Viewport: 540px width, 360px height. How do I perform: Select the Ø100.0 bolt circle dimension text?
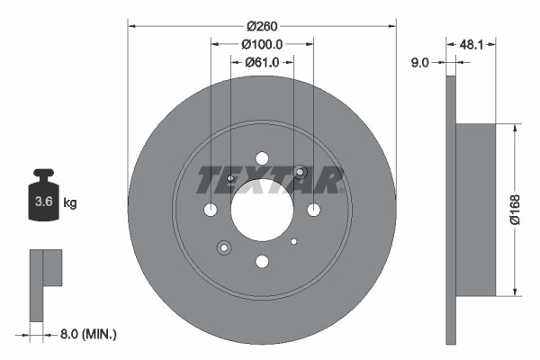coord(262,43)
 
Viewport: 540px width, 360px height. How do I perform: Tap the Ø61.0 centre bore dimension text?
coord(262,62)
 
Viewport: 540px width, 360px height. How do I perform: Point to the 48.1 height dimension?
coord(473,43)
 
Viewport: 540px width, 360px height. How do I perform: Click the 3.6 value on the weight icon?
coord(43,202)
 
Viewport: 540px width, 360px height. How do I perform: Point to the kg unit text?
coord(70,202)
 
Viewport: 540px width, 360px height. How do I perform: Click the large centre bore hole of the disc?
coord(262,210)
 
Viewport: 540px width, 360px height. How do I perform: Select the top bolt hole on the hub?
coord(262,158)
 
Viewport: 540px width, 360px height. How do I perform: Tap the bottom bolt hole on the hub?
coord(262,261)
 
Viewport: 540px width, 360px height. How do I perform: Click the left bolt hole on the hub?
coord(211,210)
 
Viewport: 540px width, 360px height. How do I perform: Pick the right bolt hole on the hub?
coord(313,210)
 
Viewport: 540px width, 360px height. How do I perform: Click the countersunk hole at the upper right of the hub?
coord(301,173)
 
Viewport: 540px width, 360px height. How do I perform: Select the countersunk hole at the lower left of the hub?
coord(224,247)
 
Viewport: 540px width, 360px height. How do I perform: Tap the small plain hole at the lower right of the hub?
coord(294,241)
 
